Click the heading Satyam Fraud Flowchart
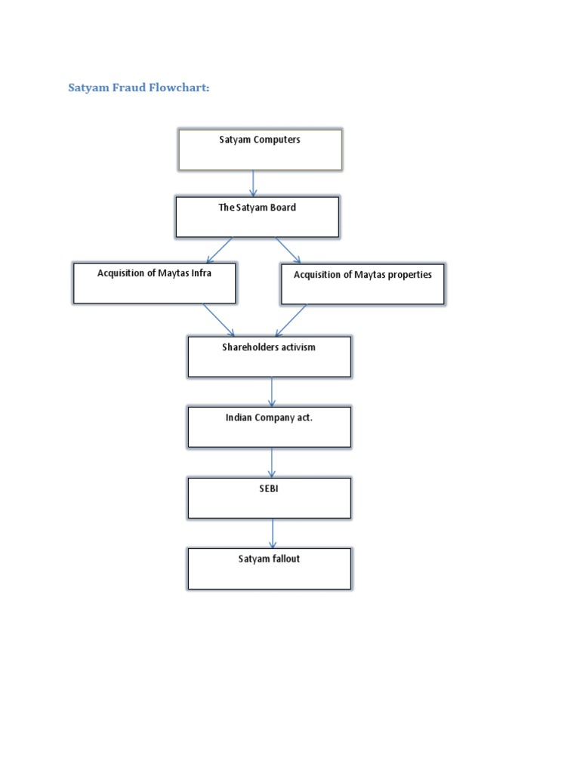click(138, 88)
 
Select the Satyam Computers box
click(260, 149)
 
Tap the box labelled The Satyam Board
click(257, 217)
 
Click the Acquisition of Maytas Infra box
click(155, 283)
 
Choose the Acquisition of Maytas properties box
click(362, 284)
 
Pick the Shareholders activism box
click(269, 356)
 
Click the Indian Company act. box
click(269, 427)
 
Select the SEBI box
click(269, 497)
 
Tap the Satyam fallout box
click(269, 568)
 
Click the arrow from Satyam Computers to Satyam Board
click(253, 183)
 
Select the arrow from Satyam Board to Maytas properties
click(288, 250)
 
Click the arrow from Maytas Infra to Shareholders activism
click(219, 320)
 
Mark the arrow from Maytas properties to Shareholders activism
click(291, 320)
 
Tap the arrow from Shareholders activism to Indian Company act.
click(272, 392)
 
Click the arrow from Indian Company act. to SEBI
click(272, 462)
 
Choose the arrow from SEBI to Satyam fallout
click(273, 533)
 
